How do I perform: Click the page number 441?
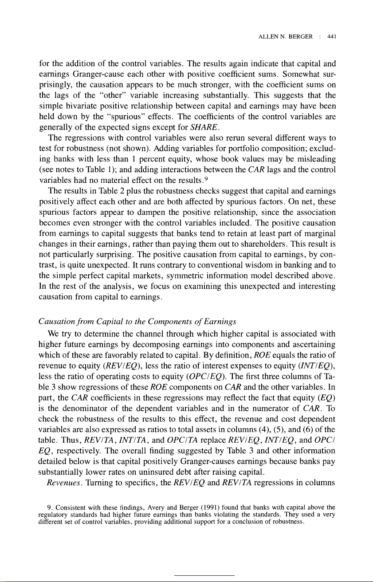click(x=330, y=38)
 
